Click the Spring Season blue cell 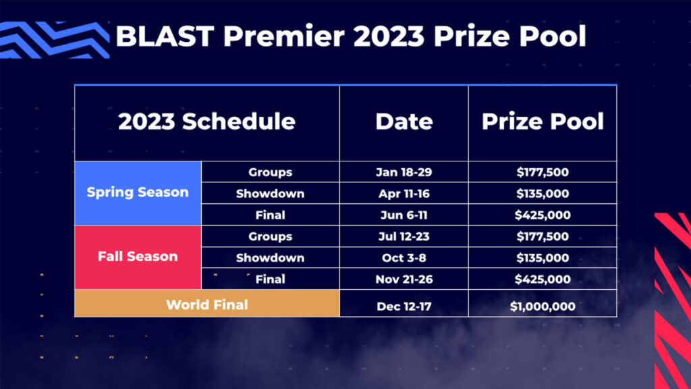(x=138, y=192)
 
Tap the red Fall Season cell (x=138, y=257)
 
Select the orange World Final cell (x=206, y=305)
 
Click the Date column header (x=404, y=122)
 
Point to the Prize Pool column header (x=543, y=122)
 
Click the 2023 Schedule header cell (x=206, y=122)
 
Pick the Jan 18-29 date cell (x=404, y=172)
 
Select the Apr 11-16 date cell (x=404, y=194)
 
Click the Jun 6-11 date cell (x=404, y=215)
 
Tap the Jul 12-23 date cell (x=404, y=236)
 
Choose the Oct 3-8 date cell (x=404, y=258)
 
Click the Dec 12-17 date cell (x=404, y=306)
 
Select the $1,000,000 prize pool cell (x=543, y=306)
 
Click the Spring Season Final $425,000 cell (x=543, y=215)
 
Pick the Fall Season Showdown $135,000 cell (x=543, y=258)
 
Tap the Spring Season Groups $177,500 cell (x=543, y=172)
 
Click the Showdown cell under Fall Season (x=270, y=258)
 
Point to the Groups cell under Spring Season (x=270, y=172)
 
